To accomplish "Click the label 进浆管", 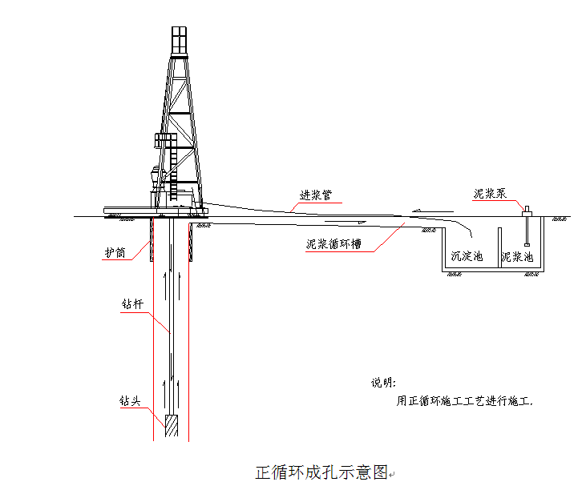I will point(314,195).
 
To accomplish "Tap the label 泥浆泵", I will point(489,194).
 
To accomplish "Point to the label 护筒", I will point(115,252).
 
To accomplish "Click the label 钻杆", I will point(132,305).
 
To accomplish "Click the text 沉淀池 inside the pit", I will point(467,257).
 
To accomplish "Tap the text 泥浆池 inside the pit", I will point(517,257).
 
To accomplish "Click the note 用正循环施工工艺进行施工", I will point(465,402).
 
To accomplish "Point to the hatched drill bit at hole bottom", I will point(172,425).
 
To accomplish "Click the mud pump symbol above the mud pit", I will point(527,211).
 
